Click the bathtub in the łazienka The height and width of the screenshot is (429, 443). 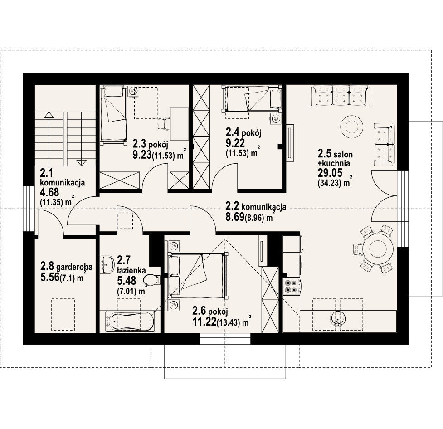[x=130, y=322]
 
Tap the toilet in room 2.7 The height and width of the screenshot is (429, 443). [x=151, y=280]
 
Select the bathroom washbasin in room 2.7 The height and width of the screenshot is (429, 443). [x=106, y=264]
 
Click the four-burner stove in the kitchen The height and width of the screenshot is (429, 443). [x=291, y=286]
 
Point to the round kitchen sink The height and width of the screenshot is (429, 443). [x=338, y=318]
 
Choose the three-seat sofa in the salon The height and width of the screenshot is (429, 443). [x=341, y=96]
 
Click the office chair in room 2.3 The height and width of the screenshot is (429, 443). [x=163, y=124]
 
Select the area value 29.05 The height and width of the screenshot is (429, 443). [x=330, y=172]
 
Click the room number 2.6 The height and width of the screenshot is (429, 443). [x=199, y=311]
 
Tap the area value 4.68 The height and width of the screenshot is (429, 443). [x=49, y=192]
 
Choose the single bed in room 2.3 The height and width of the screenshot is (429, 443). [x=113, y=114]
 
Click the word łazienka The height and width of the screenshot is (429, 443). [x=131, y=270]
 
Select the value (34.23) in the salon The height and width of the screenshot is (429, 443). [x=330, y=183]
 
